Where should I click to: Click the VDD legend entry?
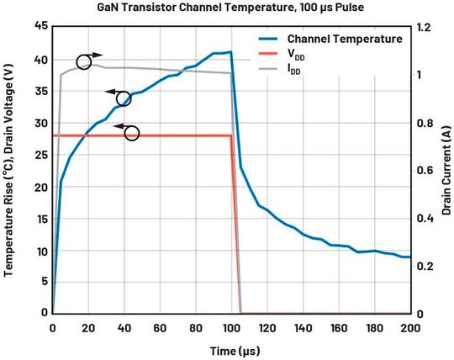point(297,56)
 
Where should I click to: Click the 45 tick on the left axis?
point(39,27)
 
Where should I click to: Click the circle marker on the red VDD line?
point(131,133)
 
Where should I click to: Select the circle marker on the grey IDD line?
point(84,61)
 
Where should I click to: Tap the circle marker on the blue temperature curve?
point(124,98)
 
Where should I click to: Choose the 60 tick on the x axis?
point(160,326)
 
